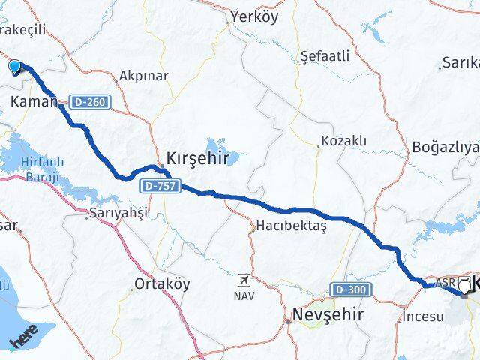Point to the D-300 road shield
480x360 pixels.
pyautogui.click(x=349, y=289)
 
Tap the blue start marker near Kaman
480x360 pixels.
pyautogui.click(x=15, y=67)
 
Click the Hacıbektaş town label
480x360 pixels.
pyautogui.click(x=292, y=225)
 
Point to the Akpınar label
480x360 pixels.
pyautogui.click(x=144, y=76)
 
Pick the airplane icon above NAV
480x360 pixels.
pyautogui.click(x=244, y=280)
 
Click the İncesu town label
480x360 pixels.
pyautogui.click(x=423, y=316)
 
